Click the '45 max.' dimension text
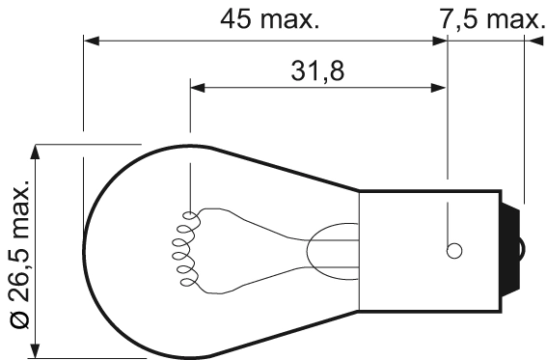(270, 18)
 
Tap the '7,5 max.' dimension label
(490, 18)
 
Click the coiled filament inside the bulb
(183, 248)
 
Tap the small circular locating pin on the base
(453, 251)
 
